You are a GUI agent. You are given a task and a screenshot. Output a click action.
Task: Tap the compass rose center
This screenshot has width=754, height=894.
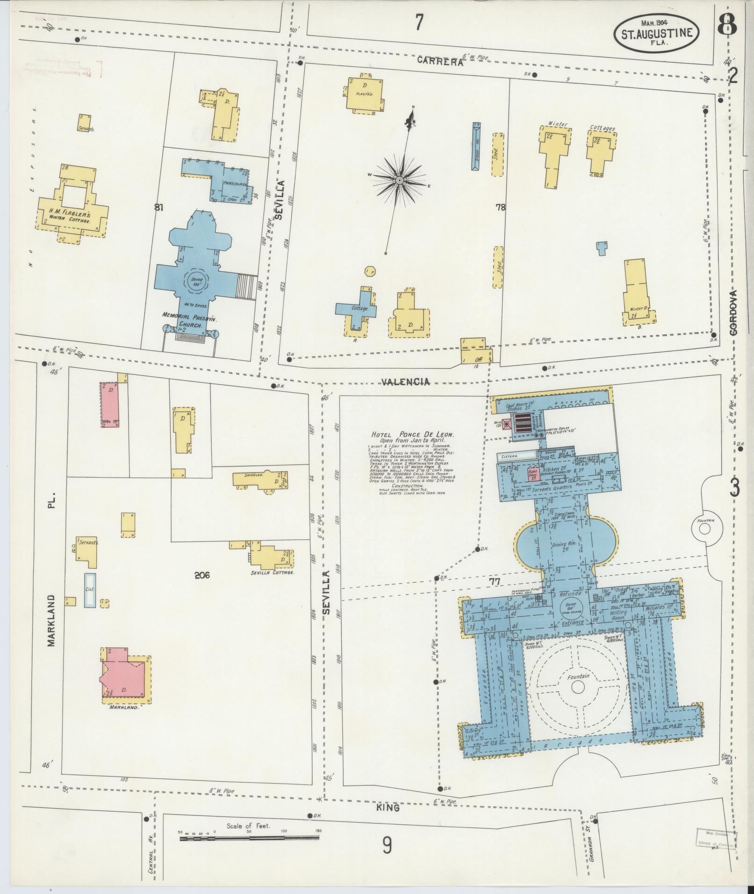[400, 180]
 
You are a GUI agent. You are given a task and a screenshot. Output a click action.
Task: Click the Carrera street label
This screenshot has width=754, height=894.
[440, 61]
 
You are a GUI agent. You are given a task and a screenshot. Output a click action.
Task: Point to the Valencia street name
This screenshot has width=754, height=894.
[405, 382]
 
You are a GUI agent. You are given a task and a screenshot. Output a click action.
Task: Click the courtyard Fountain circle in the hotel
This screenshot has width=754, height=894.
[578, 687]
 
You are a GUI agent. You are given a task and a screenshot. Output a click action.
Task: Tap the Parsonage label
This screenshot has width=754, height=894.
[235, 184]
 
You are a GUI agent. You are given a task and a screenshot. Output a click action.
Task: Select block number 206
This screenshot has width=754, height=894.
[202, 575]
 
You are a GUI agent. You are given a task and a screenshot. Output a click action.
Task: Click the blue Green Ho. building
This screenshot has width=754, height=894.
[476, 145]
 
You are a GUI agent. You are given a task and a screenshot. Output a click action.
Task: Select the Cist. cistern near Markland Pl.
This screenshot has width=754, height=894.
[90, 590]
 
